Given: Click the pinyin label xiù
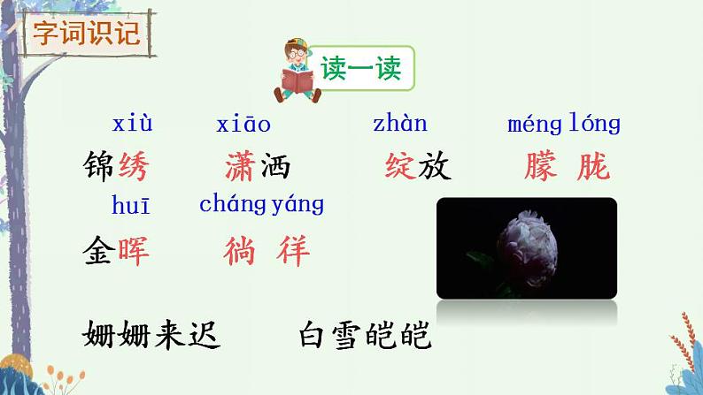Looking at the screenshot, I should pyautogui.click(x=133, y=123).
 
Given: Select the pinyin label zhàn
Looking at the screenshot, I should pyautogui.click(x=400, y=124).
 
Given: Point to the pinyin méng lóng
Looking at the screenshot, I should pyautogui.click(x=564, y=124).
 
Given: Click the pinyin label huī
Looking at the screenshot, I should pyautogui.click(x=131, y=206).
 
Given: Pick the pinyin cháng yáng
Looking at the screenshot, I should pyautogui.click(x=262, y=205).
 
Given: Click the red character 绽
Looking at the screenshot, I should pyautogui.click(x=401, y=165).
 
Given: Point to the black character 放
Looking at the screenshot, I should pyautogui.click(x=436, y=165).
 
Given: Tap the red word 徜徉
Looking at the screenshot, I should pyautogui.click(x=267, y=251).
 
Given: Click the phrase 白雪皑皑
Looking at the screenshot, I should pyautogui.click(x=365, y=334).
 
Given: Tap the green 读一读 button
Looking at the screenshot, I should pyautogui.click(x=361, y=69).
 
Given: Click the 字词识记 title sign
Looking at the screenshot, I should pyautogui.click(x=86, y=34).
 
